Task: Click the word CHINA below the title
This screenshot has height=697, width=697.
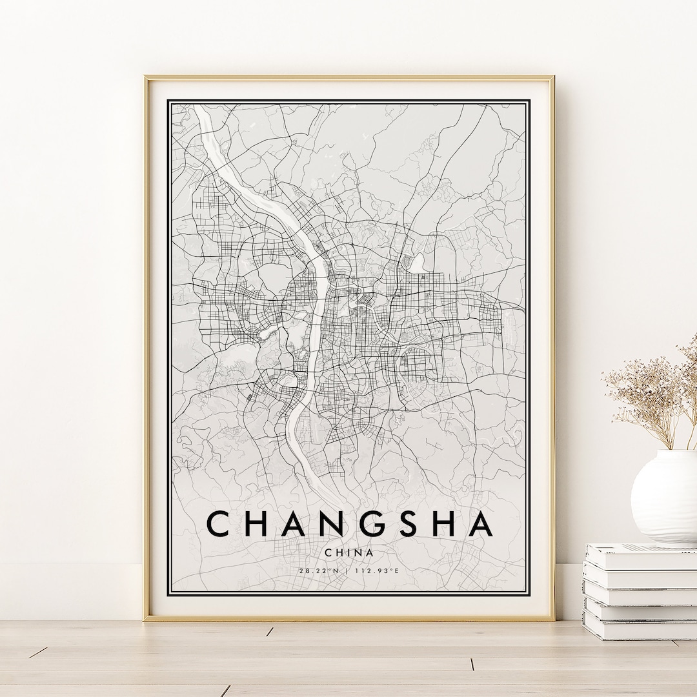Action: click(x=349, y=552)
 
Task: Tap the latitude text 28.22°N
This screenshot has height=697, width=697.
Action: click(x=319, y=571)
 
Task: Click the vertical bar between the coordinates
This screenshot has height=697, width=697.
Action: click(x=347, y=571)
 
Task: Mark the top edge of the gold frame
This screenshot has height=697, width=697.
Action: click(x=348, y=78)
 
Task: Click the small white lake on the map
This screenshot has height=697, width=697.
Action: click(x=418, y=262)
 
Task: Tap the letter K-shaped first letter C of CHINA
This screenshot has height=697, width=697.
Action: click(x=329, y=552)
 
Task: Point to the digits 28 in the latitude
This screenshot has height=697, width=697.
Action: click(x=303, y=571)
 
